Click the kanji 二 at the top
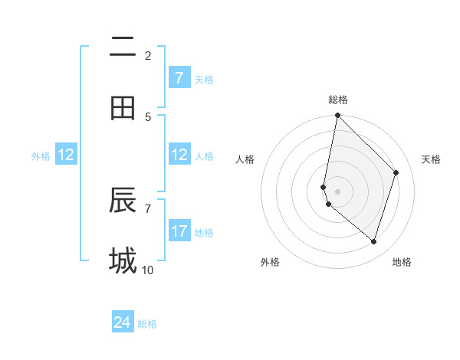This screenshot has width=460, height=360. [123, 47]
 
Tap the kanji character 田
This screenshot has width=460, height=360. [123, 108]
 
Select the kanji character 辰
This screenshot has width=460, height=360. [123, 201]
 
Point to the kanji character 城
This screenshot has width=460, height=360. [123, 260]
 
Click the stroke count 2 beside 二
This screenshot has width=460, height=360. [148, 55]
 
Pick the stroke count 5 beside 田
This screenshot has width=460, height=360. [148, 116]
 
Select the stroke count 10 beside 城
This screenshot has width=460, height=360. [148, 270]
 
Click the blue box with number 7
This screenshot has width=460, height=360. [179, 78]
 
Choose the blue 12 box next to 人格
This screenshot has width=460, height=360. [179, 155]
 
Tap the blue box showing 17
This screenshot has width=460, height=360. [179, 231]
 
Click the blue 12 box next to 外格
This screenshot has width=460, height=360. [66, 155]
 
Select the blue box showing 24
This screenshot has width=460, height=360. [122, 322]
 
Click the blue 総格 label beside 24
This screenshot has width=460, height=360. [147, 324]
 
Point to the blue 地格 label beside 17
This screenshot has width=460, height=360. [204, 233]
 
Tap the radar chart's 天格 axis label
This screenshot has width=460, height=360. [432, 160]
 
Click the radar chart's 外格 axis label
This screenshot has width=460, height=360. [270, 262]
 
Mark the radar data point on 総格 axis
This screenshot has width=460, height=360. [337, 115]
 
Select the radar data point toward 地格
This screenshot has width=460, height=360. [374, 242]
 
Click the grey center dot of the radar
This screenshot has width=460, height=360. [337, 191]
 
